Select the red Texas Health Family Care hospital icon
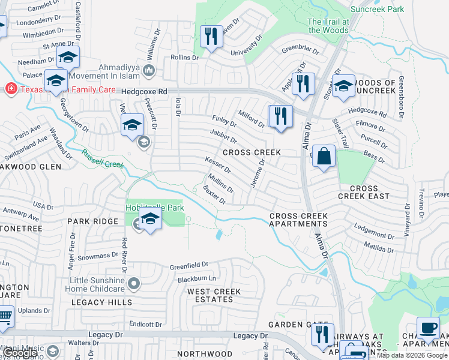click(10, 89)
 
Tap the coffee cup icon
click(428, 328)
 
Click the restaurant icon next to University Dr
click(211, 37)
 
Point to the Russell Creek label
click(103, 159)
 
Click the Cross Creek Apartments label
click(298, 220)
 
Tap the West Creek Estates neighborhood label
click(214, 296)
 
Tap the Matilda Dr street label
click(379, 247)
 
